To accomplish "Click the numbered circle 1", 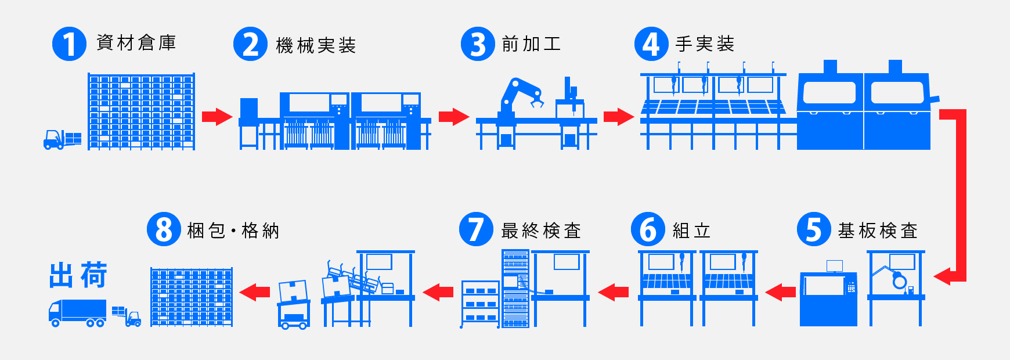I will tap(69, 44).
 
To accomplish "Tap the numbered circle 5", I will tap(814, 229).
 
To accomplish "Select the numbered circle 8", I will tap(164, 229).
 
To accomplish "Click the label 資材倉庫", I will tap(136, 42).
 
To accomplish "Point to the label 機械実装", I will tap(316, 45).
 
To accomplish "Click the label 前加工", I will tap(531, 44).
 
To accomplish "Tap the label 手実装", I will tap(705, 44).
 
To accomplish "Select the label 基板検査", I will tap(878, 231).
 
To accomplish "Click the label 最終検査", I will tap(541, 231).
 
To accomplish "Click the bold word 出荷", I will tap(78, 275).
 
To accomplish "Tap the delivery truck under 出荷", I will tap(77, 313).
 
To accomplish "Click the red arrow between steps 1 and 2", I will tap(217, 117).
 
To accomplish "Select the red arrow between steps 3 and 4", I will tap(618, 117).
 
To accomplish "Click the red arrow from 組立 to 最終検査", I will tap(614, 292).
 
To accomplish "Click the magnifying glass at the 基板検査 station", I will tap(899, 281).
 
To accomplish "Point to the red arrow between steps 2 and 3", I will tap(453, 117).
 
